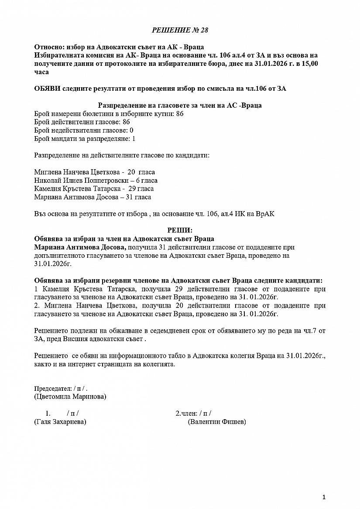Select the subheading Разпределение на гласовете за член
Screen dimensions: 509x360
(180, 106)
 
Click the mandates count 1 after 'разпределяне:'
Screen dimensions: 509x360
(134, 139)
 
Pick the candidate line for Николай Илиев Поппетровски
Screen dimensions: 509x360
(96, 181)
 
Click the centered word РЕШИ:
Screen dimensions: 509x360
(180, 230)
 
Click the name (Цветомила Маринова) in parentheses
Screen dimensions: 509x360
(70, 397)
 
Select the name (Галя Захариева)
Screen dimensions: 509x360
(60, 422)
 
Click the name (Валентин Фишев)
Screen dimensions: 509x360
(217, 422)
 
